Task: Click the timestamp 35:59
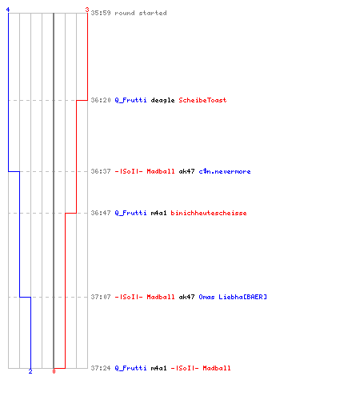tap(101, 13)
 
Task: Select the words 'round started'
tap(141, 13)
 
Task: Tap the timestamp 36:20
tap(101, 100)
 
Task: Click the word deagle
tap(162, 100)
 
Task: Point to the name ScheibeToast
tap(202, 100)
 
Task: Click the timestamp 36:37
tap(101, 171)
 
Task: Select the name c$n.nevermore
tap(225, 171)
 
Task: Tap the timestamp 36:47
tap(101, 213)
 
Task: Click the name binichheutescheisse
tap(209, 213)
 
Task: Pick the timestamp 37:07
tap(101, 297)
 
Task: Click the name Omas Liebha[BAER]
tap(233, 297)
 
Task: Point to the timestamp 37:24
tap(101, 368)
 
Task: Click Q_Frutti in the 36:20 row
tap(130, 100)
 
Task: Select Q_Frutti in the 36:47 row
tap(130, 213)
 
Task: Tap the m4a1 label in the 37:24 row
tap(158, 368)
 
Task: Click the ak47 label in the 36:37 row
tap(186, 171)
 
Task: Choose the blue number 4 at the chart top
tap(8, 10)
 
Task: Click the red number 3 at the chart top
tap(87, 10)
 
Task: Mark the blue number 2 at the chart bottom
tap(30, 371)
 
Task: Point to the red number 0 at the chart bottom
tap(54, 371)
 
